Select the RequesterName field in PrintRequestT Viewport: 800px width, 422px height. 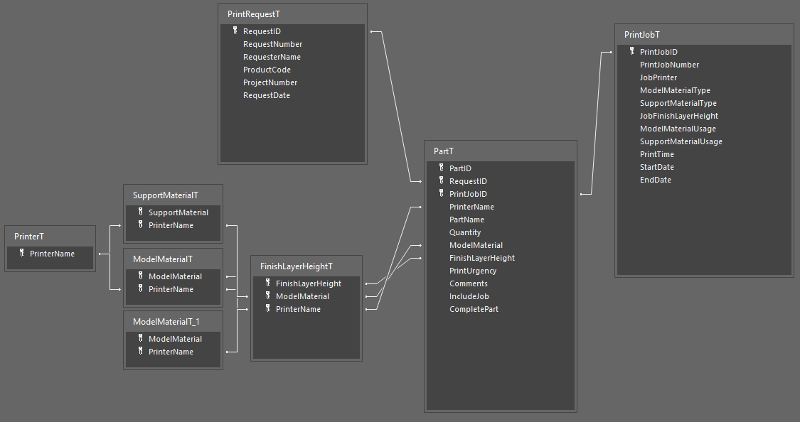(272, 57)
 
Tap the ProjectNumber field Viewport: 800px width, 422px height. (270, 82)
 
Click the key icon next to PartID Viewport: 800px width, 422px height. (441, 168)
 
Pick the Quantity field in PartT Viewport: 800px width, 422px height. (465, 232)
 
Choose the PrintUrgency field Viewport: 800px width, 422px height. (473, 271)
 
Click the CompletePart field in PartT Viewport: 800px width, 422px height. (474, 309)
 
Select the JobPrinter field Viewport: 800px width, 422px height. (658, 77)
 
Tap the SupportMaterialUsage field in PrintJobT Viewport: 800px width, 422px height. (681, 141)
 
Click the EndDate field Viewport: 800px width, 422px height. (656, 180)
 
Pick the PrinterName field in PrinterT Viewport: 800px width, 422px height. (52, 254)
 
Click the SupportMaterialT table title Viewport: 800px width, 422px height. (166, 195)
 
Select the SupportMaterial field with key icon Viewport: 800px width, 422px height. (178, 212)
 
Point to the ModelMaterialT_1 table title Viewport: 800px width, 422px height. (167, 322)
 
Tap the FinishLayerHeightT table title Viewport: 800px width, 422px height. (297, 266)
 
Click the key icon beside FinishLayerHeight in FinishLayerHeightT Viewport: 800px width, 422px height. (267, 283)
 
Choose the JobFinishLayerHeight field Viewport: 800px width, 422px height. (679, 116)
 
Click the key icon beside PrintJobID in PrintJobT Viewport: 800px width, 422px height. (631, 51)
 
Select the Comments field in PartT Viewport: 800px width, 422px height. (469, 283)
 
